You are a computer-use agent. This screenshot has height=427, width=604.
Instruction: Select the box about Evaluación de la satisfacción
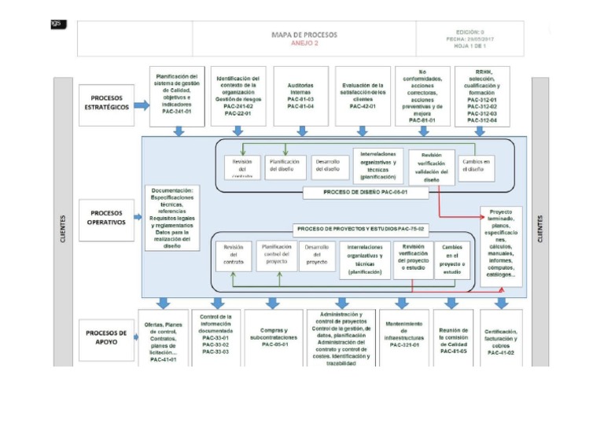pos(363,96)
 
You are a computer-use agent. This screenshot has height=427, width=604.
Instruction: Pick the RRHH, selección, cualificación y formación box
pos(482,96)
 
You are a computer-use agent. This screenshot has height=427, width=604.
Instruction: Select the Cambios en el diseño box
pos(477,165)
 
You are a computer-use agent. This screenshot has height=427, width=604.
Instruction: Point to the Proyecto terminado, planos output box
pos(501,244)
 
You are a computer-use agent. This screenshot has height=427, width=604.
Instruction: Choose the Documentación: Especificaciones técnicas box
pos(172,217)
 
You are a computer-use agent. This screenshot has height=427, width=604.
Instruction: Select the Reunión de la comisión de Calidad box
pos(453,337)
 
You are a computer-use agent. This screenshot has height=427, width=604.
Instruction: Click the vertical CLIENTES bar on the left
pos(63,228)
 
